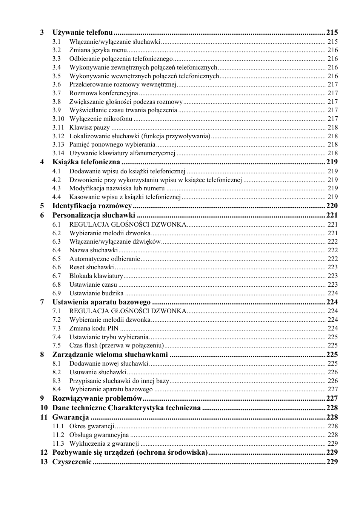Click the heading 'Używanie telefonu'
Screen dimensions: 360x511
click(x=82, y=32)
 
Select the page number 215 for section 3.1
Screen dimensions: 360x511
click(x=332, y=42)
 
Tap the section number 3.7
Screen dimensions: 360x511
click(x=56, y=93)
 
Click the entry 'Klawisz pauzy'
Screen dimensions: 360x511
click(x=89, y=128)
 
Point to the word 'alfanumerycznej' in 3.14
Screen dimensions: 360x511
click(x=152, y=153)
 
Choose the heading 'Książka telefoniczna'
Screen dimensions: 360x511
click(x=86, y=162)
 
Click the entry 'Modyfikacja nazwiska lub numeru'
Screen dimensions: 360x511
click(x=117, y=188)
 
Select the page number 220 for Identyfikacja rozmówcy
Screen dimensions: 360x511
click(x=332, y=206)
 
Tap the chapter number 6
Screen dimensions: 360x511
click(x=42, y=215)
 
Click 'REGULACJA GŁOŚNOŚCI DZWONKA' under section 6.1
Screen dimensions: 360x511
click(x=128, y=224)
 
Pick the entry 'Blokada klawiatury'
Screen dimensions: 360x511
click(x=96, y=276)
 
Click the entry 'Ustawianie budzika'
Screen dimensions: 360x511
click(x=96, y=293)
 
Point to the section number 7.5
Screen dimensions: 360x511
click(x=56, y=346)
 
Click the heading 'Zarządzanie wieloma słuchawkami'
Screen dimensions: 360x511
click(x=110, y=355)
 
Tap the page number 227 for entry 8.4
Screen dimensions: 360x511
click(x=332, y=389)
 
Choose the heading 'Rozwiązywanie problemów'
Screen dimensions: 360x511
click(x=97, y=398)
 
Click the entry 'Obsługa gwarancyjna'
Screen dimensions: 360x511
click(x=99, y=435)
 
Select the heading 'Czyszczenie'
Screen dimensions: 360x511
click(x=72, y=462)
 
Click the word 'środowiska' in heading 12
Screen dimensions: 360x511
click(x=187, y=452)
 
